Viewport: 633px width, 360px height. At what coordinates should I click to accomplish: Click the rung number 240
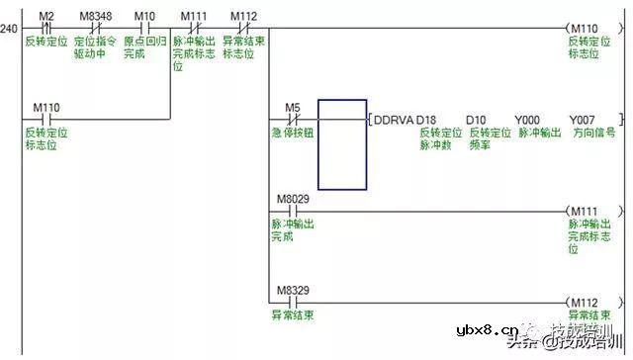(9, 29)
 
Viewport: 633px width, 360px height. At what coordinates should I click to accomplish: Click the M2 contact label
(45, 16)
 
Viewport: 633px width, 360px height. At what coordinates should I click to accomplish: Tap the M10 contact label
(143, 16)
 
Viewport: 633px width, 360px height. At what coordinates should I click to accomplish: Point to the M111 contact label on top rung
(193, 16)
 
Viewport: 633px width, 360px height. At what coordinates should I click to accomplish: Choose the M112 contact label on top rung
(243, 16)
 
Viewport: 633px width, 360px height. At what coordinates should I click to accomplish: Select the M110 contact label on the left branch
(45, 106)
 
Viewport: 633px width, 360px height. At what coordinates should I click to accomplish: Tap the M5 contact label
(292, 106)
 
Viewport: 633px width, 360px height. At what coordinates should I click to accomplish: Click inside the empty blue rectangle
(341, 143)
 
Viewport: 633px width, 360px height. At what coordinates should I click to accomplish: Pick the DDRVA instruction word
(394, 120)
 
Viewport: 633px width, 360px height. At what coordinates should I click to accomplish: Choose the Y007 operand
(582, 120)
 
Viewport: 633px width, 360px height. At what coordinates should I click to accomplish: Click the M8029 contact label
(292, 199)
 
